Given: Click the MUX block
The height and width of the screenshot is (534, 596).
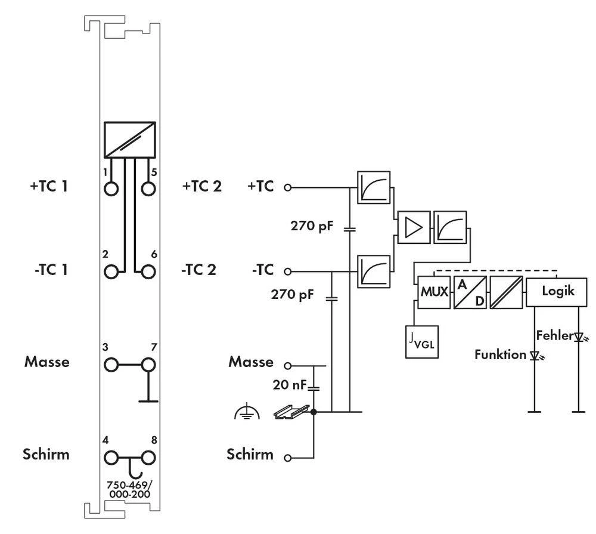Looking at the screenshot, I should [433, 292].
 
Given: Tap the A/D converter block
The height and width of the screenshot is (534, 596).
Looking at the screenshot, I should [470, 292].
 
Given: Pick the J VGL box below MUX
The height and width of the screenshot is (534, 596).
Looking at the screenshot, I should [421, 342].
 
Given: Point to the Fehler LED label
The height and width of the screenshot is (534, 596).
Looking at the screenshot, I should [553, 335].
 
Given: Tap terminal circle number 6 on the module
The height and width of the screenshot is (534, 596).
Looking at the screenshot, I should [148, 271].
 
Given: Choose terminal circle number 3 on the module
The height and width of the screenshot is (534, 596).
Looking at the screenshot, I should [111, 364].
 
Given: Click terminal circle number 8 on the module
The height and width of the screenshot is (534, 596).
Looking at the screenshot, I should [148, 458].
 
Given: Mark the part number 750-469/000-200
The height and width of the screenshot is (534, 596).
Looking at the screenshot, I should [129, 490].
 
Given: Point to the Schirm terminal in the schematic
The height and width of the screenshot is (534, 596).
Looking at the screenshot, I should [288, 458].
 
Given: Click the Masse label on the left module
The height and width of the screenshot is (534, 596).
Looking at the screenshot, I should [47, 362].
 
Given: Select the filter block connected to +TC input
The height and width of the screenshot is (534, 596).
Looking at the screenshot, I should [374, 187].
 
